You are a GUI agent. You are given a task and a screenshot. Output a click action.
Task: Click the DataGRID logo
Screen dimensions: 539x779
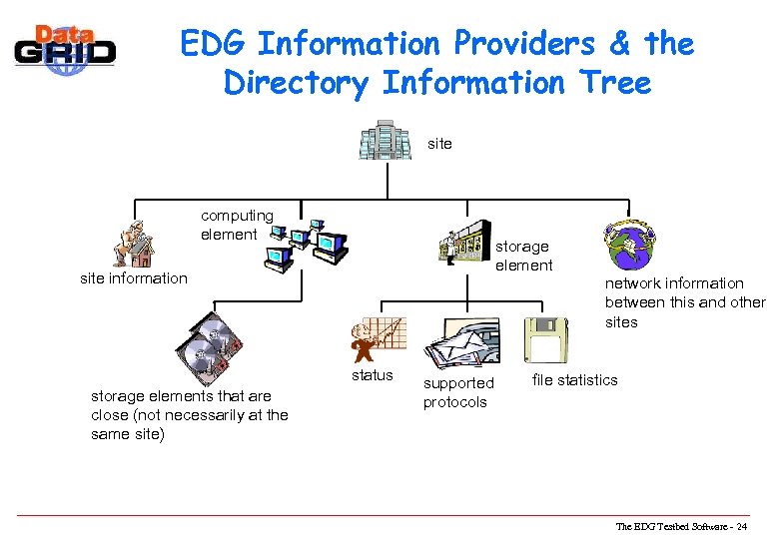click(65, 47)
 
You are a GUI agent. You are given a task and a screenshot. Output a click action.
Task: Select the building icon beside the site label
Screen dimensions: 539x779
click(386, 140)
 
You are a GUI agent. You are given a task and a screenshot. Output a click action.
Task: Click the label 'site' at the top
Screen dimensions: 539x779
click(439, 144)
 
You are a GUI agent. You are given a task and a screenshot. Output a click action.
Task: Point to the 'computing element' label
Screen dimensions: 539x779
click(237, 225)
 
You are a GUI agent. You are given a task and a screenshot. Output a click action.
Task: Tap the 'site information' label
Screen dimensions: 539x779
click(133, 278)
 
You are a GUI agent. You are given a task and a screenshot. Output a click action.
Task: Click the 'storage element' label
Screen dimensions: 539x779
click(523, 256)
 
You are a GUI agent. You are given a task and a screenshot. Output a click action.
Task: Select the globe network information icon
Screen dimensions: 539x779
click(627, 241)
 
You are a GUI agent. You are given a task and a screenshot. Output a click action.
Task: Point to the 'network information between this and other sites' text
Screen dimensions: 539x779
click(684, 302)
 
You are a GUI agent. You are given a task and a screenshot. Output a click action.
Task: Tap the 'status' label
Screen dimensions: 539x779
click(372, 376)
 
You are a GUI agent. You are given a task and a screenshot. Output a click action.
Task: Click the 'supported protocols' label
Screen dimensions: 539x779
click(458, 392)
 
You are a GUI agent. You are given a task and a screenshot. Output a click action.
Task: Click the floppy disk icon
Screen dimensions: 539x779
click(546, 340)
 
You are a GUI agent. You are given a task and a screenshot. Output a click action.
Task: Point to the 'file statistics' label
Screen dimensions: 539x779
click(574, 379)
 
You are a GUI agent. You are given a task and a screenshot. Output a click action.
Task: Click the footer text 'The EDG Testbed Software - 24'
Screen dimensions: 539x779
click(688, 526)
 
